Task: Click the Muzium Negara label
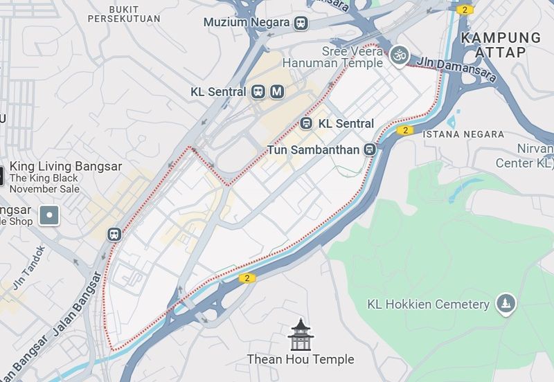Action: click(246, 22)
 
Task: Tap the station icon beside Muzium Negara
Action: click(301, 23)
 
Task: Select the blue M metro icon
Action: click(277, 91)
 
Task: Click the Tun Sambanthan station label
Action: click(317, 149)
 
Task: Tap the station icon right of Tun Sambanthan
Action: click(370, 149)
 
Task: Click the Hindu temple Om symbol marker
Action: click(399, 55)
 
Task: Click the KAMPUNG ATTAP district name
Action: click(501, 44)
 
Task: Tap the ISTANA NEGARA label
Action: click(463, 134)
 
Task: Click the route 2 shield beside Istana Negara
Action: click(404, 130)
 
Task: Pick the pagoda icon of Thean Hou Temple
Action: click(301, 335)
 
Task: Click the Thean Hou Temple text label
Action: click(301, 359)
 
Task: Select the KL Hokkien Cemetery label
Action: click(428, 304)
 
